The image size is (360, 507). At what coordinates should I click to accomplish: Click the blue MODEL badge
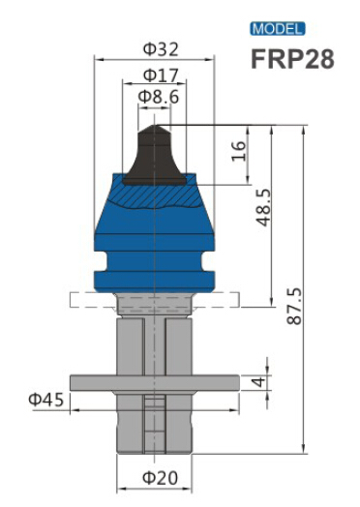[278, 29]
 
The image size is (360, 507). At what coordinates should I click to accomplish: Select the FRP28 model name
[291, 59]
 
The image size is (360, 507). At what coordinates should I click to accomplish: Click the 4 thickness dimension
[258, 382]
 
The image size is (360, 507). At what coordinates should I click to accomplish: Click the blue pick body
[155, 237]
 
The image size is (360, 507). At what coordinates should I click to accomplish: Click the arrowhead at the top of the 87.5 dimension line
[306, 129]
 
